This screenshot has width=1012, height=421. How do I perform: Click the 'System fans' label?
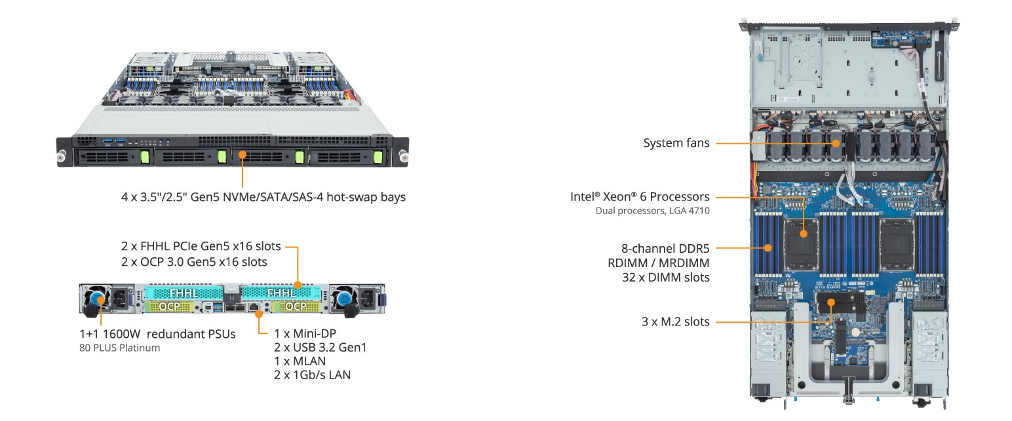tap(676, 143)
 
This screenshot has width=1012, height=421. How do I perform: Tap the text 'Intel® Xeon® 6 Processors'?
tap(640, 196)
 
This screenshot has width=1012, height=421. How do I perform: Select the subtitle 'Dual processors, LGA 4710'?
tap(652, 211)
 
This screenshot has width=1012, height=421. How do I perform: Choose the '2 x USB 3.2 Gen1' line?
tap(320, 347)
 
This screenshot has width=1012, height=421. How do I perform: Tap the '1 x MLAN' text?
tap(300, 361)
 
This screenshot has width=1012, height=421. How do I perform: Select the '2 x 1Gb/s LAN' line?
tap(312, 375)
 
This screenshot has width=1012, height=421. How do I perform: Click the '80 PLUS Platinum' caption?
tap(119, 348)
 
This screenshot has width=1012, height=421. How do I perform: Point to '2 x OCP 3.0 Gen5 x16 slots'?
tap(194, 262)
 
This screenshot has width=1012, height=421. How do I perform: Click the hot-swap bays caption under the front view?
tap(263, 196)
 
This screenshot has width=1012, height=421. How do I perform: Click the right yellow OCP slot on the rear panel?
tap(296, 306)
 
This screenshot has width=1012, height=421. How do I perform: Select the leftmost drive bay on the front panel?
tap(109, 157)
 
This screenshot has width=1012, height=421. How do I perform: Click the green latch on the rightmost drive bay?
tap(378, 157)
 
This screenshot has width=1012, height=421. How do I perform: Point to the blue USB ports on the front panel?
tap(113, 141)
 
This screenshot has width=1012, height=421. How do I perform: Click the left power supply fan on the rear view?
tap(97, 299)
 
